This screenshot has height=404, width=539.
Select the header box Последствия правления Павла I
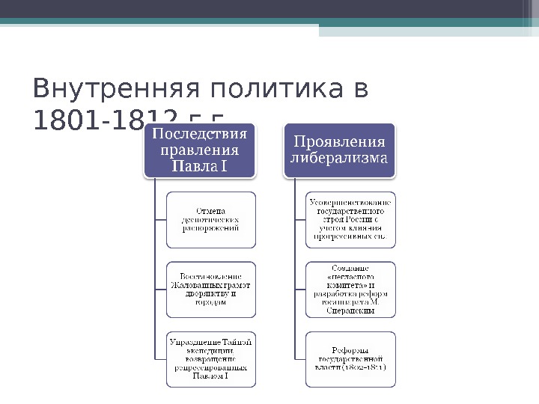pyautogui.click(x=200, y=150)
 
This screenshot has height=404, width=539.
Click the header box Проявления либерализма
pyautogui.click(x=340, y=150)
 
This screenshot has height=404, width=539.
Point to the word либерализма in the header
pyautogui.click(x=340, y=159)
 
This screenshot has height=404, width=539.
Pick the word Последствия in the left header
pyautogui.click(x=200, y=134)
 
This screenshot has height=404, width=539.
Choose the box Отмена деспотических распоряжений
pyautogui.click(x=210, y=220)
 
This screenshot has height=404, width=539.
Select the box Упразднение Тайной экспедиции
pyautogui.click(x=210, y=358)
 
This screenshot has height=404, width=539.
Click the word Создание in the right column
pyautogui.click(x=350, y=267)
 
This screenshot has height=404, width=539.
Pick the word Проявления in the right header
pyautogui.click(x=340, y=141)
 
